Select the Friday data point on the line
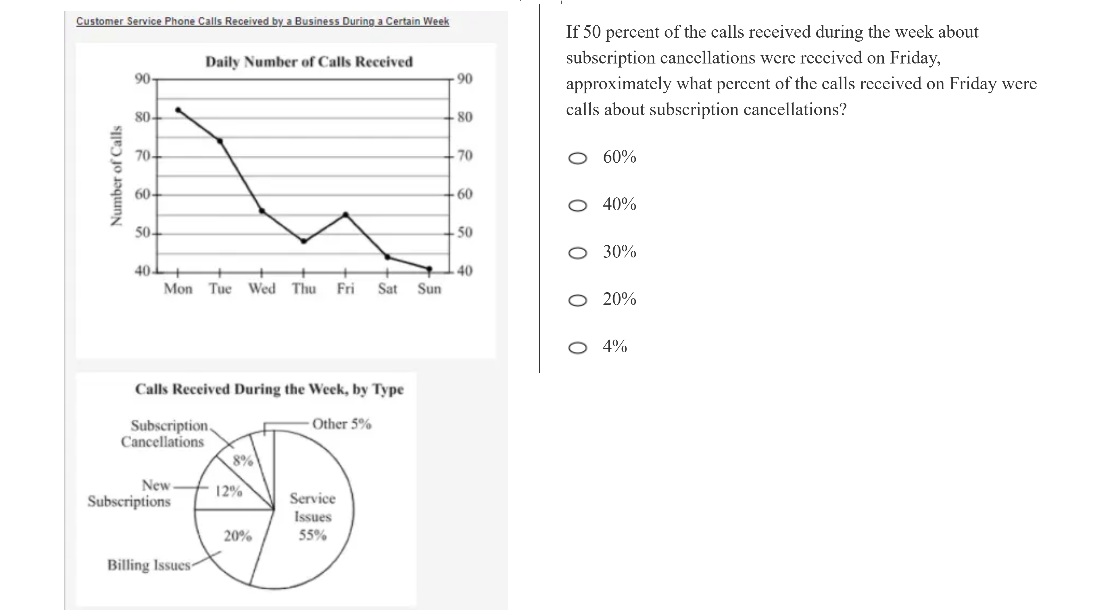tap(345, 214)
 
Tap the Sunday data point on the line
tap(429, 269)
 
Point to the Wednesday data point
tap(262, 211)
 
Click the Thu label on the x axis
tap(304, 288)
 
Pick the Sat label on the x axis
tap(387, 288)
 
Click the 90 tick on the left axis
tap(142, 79)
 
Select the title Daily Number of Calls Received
tap(309, 62)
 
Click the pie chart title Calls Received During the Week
tap(269, 389)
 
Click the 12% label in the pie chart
tap(229, 491)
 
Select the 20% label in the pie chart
tap(237, 536)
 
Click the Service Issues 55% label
tap(312, 517)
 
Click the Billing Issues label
tap(149, 565)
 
